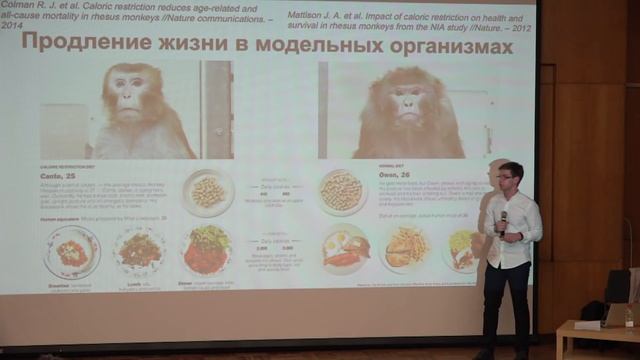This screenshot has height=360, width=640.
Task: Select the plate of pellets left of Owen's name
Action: pos(342,190)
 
